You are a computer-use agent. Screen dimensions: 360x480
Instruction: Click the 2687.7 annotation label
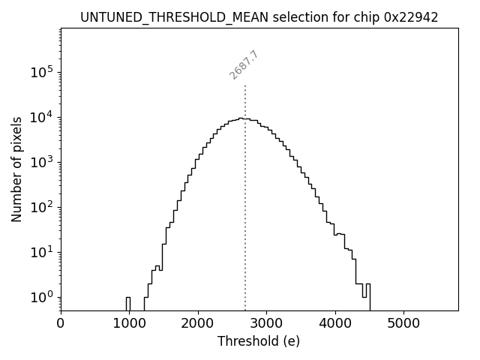tap(244, 65)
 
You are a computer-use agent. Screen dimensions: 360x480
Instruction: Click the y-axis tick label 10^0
tap(43, 297)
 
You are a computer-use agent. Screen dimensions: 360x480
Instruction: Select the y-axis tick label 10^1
tap(43, 252)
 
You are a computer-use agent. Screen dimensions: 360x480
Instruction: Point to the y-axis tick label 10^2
tap(43, 207)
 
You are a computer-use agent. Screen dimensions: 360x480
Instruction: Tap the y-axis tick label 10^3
tap(43, 162)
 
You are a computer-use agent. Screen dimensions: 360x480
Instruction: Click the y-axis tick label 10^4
tap(43, 117)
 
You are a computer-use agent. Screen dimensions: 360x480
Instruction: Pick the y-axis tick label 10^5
tap(43, 72)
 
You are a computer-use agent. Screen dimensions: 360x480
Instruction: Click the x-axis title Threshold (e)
tap(259, 342)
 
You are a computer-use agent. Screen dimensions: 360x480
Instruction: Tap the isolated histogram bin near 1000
tap(128, 303)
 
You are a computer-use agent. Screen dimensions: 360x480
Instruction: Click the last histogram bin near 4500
tap(368, 296)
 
